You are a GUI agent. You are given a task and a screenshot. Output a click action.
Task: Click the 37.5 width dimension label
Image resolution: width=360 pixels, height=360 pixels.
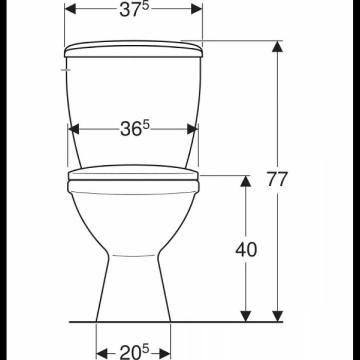coord(134,10)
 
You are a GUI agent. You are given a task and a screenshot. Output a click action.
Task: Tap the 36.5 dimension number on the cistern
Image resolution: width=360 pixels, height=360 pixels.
coord(135,129)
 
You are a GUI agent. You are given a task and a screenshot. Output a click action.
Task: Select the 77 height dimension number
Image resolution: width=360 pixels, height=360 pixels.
coord(277,179)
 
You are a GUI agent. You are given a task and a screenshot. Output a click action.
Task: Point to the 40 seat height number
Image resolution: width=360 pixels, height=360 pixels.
coord(246,249)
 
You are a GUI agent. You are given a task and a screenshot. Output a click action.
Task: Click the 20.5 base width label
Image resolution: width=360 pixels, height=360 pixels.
coord(134,351)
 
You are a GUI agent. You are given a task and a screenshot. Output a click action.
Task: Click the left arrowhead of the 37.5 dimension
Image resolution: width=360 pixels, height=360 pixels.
coord(70,9)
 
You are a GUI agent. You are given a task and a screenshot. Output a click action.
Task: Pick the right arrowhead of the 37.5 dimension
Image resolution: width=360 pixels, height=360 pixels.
coord(197,9)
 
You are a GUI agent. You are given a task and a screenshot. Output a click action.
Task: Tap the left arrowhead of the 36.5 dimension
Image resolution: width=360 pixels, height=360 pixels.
coord(74,129)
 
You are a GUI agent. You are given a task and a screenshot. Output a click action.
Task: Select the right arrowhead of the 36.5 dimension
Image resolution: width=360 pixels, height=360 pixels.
coord(192,129)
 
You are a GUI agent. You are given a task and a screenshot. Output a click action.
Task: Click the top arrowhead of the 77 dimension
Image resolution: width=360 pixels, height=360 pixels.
coord(277,47)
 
